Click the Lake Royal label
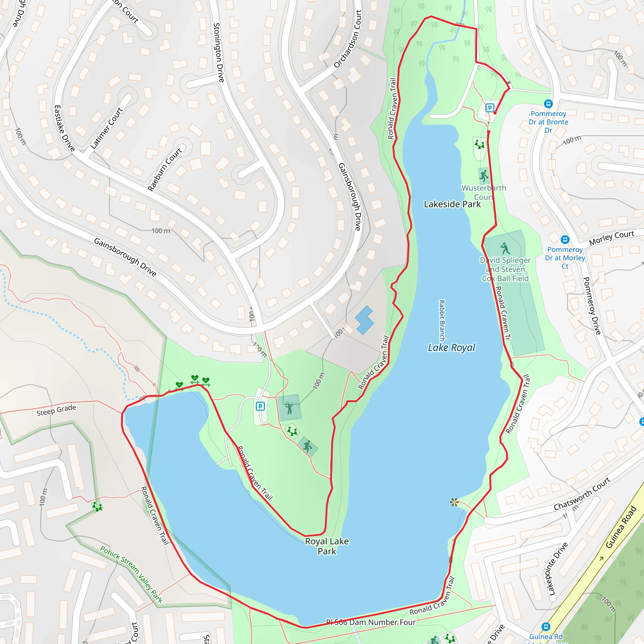pos(451,348)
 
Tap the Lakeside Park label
pos(452,204)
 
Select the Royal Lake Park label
pos(327,546)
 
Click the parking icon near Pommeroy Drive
pos(489,108)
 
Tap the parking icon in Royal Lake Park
pos(260,406)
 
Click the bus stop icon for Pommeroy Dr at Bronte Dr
pos(548,104)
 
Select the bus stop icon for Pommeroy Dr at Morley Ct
pos(565,239)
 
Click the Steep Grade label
pos(56,410)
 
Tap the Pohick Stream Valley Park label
pos(131,574)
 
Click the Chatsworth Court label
pos(582,494)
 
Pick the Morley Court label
pos(611,238)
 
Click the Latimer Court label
pos(107,128)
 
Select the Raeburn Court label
pos(165,169)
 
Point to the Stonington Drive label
pos(218,52)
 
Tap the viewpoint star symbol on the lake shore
pos(454,502)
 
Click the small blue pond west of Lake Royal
pos(364,320)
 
